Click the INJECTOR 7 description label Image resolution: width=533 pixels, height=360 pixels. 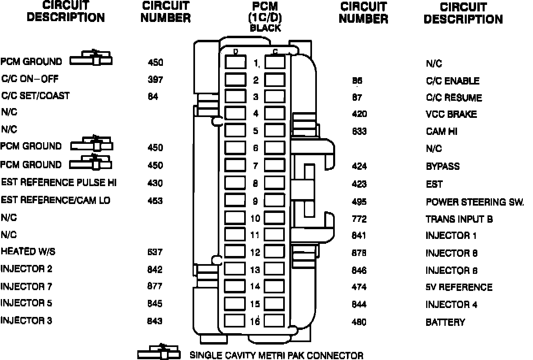tap(26, 286)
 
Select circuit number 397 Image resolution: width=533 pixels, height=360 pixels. tap(155, 80)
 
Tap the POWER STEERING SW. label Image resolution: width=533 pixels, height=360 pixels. tap(474, 202)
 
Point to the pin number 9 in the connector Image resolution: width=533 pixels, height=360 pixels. tap(256, 201)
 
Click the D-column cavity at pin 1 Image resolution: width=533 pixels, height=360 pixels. tap(235, 62)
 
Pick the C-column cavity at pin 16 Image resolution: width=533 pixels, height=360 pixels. tap(275, 321)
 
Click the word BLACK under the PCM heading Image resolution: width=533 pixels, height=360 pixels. tap(265, 28)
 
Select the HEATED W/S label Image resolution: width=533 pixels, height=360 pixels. tap(28, 252)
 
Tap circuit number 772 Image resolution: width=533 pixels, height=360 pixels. tap(359, 219)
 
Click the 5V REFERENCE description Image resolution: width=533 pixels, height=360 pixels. tap(459, 287)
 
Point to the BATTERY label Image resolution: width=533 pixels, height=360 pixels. tap(445, 322)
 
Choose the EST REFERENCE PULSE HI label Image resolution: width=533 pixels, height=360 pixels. tap(58, 182)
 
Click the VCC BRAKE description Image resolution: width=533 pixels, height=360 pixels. tap(451, 115)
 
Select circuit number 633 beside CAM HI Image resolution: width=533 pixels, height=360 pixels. tap(359, 131)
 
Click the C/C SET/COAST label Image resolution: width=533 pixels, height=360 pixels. tap(35, 96)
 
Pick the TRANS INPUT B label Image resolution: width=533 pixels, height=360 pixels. tap(459, 219)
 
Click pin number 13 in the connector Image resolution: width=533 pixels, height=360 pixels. tap(255, 269)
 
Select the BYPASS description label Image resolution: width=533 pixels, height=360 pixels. tap(443, 166)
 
